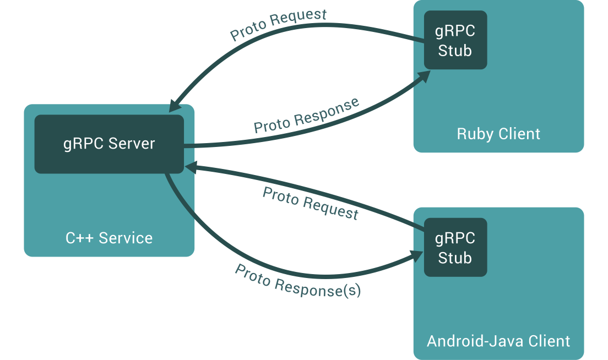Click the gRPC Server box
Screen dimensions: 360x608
pyautogui.click(x=108, y=144)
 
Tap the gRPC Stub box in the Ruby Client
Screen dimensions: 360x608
pyautogui.click(x=455, y=40)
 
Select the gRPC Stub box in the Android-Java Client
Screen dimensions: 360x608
pyautogui.click(x=455, y=248)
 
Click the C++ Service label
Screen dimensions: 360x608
pyautogui.click(x=109, y=238)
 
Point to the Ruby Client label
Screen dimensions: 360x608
pyautogui.click(x=498, y=134)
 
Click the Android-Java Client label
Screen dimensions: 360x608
pyautogui.click(x=498, y=341)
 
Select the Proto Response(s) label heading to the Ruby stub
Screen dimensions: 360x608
pyautogui.click(x=306, y=116)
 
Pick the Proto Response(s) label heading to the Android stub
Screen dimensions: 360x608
pyautogui.click(x=297, y=281)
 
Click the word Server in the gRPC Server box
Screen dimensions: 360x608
pyautogui.click(x=132, y=144)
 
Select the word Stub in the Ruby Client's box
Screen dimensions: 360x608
pyautogui.click(x=455, y=51)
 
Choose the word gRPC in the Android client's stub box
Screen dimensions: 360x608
pyautogui.click(x=455, y=238)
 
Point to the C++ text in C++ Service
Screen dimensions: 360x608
pyautogui.click(x=78, y=238)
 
